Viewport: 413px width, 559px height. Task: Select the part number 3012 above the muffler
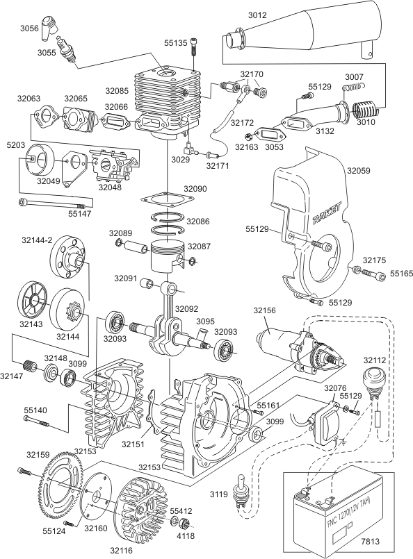pyautogui.click(x=257, y=15)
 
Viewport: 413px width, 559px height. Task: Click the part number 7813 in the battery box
pyautogui.click(x=370, y=542)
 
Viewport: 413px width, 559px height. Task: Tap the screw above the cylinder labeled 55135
pyautogui.click(x=194, y=46)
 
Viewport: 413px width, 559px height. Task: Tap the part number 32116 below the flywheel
pyautogui.click(x=122, y=551)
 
